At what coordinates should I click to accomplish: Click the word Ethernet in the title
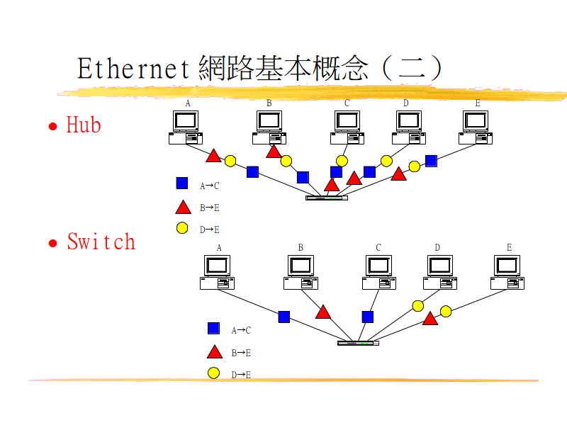pyautogui.click(x=133, y=69)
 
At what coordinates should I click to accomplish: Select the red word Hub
pyautogui.click(x=84, y=125)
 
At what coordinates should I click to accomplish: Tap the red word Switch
pyautogui.click(x=101, y=242)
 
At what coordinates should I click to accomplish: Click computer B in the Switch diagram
pyautogui.click(x=301, y=272)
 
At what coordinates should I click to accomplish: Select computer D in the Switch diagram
pyautogui.click(x=441, y=272)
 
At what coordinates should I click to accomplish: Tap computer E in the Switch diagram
pyautogui.click(x=507, y=272)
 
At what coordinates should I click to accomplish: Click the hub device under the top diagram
pyautogui.click(x=327, y=198)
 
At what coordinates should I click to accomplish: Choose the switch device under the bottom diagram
pyautogui.click(x=358, y=343)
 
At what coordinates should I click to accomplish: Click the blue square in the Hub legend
pyautogui.click(x=182, y=183)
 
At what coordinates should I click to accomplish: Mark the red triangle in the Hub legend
pyautogui.click(x=183, y=207)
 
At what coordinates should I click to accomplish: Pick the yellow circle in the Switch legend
pyautogui.click(x=213, y=373)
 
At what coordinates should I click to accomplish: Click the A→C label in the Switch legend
pyautogui.click(x=241, y=330)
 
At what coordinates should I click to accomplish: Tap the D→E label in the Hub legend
pyautogui.click(x=210, y=229)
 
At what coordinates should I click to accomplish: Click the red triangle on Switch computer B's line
pyautogui.click(x=323, y=312)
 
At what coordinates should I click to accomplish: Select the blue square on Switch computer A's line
pyautogui.click(x=284, y=317)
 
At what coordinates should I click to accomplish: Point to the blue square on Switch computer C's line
pyautogui.click(x=367, y=317)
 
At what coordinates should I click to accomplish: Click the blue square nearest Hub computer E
pyautogui.click(x=431, y=161)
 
